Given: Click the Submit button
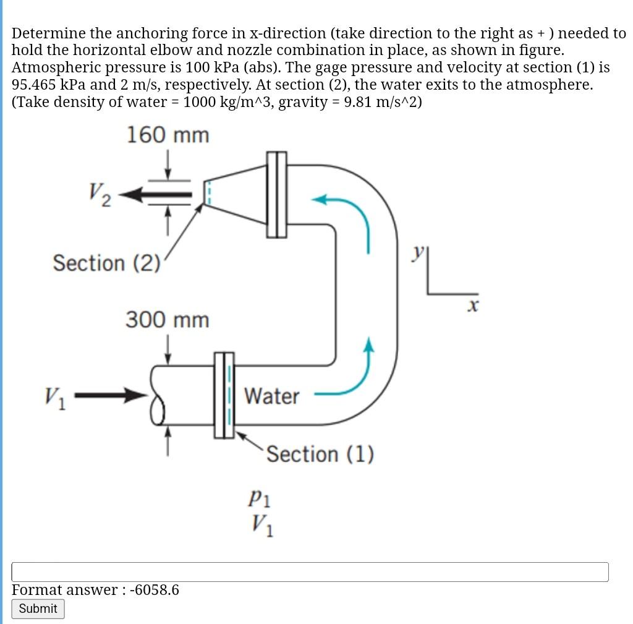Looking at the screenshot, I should [x=38, y=609].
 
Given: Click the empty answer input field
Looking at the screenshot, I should [x=310, y=571].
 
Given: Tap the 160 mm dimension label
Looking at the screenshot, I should [x=168, y=135].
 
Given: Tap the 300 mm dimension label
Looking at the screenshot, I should [x=168, y=320].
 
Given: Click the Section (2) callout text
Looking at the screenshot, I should [x=106, y=263].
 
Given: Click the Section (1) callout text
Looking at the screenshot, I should [x=320, y=455].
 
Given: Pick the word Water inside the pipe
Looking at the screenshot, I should [x=271, y=396].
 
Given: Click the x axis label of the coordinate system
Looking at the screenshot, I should [x=474, y=306].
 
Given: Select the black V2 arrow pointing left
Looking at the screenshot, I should [x=158, y=195].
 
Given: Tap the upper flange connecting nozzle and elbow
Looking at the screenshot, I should [x=277, y=194].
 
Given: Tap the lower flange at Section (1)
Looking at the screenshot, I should [x=224, y=395].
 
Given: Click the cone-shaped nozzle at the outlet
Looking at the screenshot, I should [x=235, y=192].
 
